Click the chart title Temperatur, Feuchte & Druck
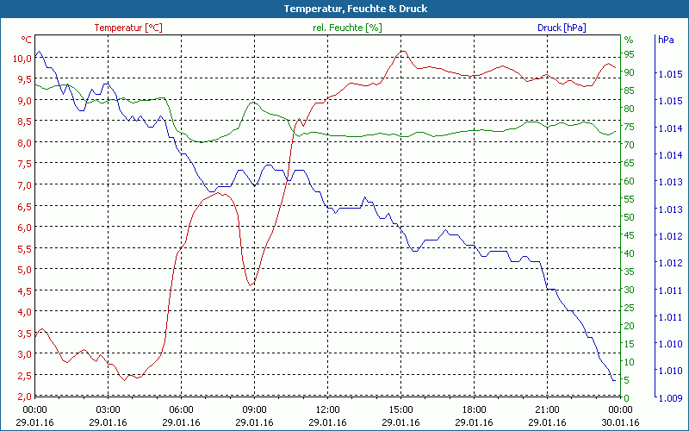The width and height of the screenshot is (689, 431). point(344,9)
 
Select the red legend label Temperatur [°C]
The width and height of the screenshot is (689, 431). point(127,28)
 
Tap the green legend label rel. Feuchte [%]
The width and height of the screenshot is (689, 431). point(346,28)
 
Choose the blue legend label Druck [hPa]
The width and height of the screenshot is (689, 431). point(561,28)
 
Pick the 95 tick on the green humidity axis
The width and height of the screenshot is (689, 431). point(629,53)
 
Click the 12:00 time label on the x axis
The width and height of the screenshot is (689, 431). point(327,409)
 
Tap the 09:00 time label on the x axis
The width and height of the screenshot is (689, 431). point(254,409)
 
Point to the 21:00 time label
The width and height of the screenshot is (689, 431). point(547,409)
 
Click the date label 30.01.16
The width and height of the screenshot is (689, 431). point(620,422)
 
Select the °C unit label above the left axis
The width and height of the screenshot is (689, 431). point(27,40)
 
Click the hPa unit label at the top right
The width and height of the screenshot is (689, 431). point(666,40)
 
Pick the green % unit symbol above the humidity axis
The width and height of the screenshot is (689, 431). point(628,40)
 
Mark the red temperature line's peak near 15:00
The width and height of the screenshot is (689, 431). point(401,51)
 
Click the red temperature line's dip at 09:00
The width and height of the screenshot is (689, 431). point(251,284)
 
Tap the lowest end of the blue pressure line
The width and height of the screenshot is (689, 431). point(613,380)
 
